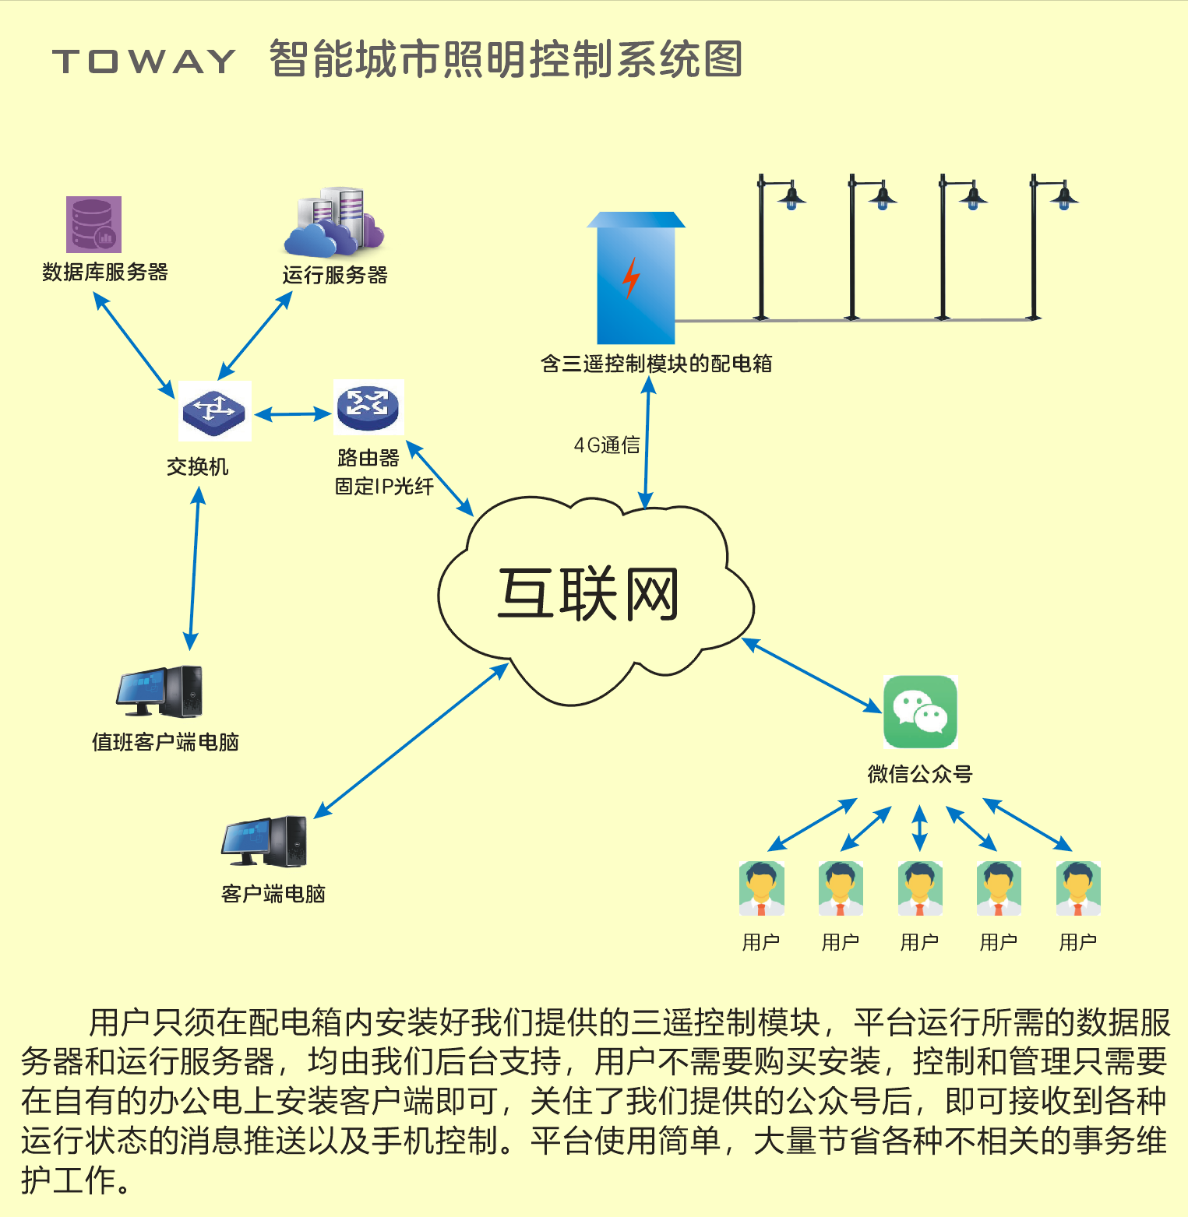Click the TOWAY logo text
pos(144,62)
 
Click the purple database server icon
pos(93,224)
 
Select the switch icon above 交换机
pos(213,411)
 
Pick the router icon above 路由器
pos(368,406)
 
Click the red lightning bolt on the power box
pos(631,278)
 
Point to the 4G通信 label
pos(607,445)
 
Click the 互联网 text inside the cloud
pos(588,594)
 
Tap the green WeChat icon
pos(920,712)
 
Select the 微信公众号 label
pos(920,774)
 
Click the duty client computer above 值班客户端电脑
pos(160,691)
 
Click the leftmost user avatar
pos(761,888)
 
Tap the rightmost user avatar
pos(1078,888)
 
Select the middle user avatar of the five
pos(920,888)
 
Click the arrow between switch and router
pos(292,414)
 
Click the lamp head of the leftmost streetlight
pos(791,198)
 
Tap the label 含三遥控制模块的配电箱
pos(656,364)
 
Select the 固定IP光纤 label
pos(384,487)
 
